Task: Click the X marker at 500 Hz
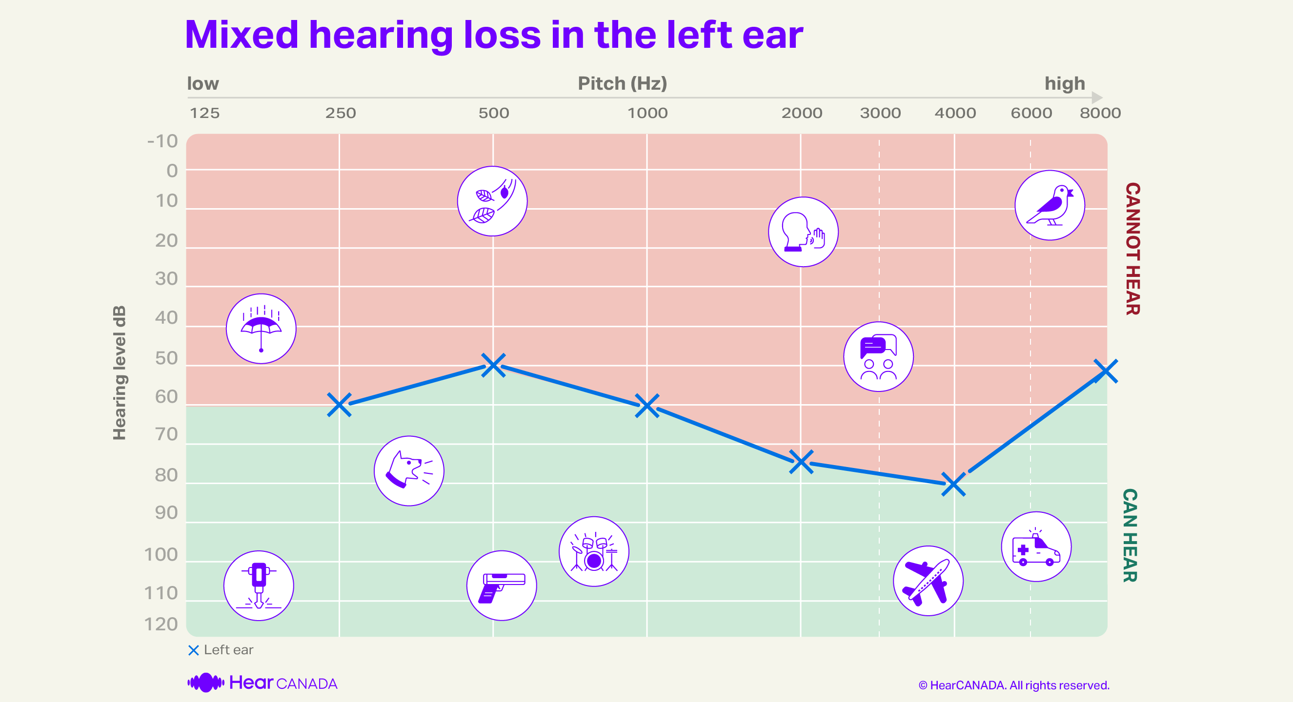click(x=493, y=365)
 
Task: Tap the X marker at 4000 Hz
click(x=953, y=485)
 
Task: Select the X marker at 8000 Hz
click(x=1105, y=371)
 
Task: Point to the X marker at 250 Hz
click(x=339, y=405)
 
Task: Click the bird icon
click(x=1050, y=206)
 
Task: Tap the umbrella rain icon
click(x=261, y=329)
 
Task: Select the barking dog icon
click(x=408, y=471)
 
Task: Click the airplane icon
click(x=928, y=581)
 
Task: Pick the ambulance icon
click(x=1035, y=546)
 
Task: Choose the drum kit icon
click(x=594, y=551)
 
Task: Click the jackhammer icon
click(x=259, y=585)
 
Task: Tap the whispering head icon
click(x=803, y=232)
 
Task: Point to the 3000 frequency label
click(x=880, y=113)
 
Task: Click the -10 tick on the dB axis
click(x=162, y=141)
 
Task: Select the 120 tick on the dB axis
click(x=161, y=624)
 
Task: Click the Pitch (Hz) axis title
click(x=623, y=83)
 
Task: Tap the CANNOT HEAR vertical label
click(x=1132, y=249)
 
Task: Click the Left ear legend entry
click(x=221, y=650)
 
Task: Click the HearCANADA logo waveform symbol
click(x=206, y=682)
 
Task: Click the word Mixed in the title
click(x=242, y=35)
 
